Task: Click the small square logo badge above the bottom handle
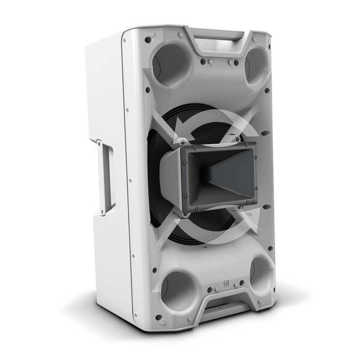(x=225, y=283)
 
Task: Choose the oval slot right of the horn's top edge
(x=265, y=133)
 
